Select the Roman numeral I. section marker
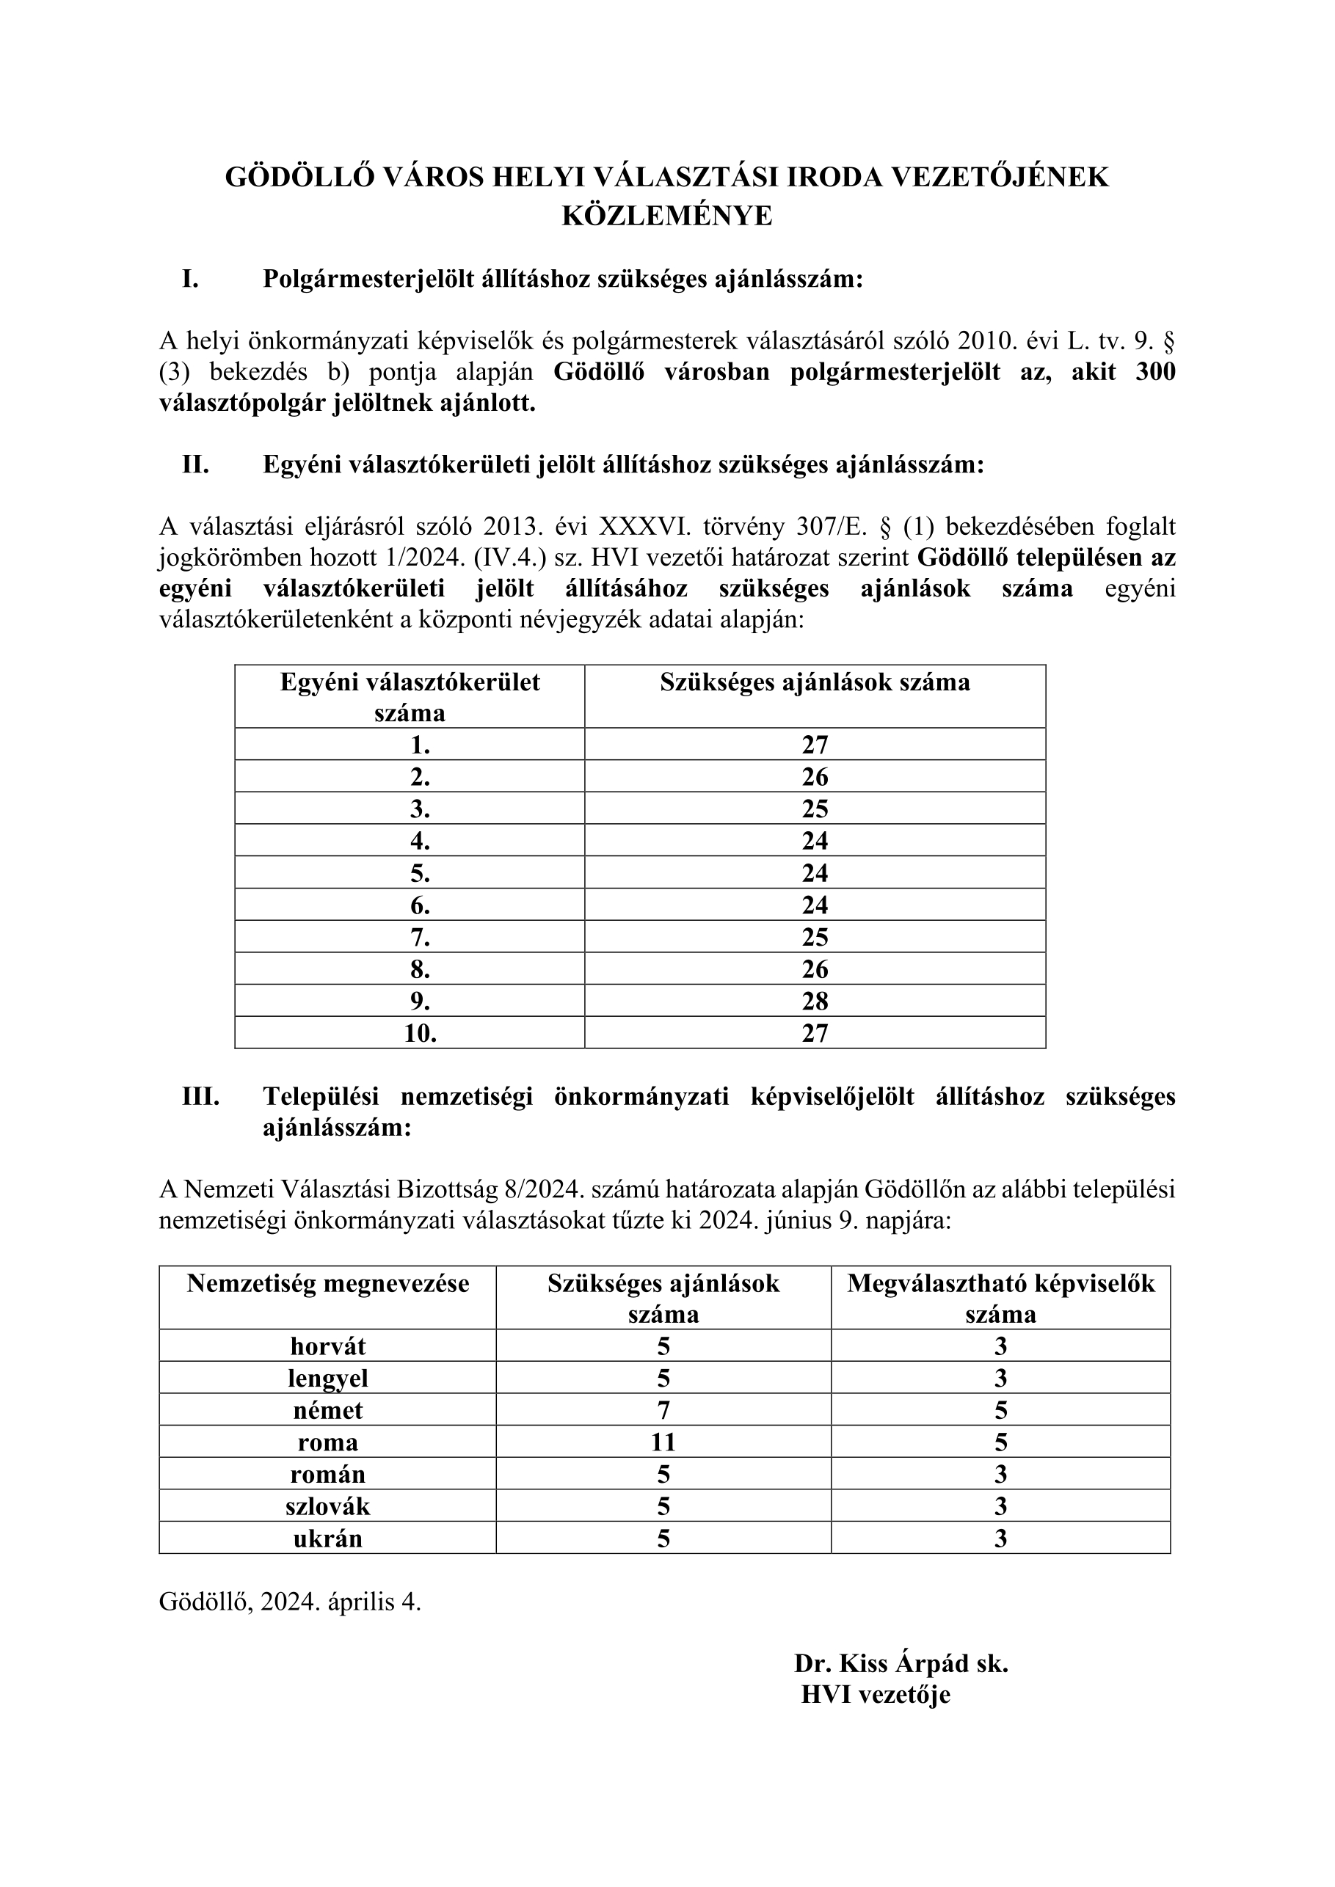pyautogui.click(x=190, y=280)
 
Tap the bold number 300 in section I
pyautogui.click(x=1155, y=372)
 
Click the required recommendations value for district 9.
pyautogui.click(x=815, y=1001)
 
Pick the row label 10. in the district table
pyautogui.click(x=420, y=1033)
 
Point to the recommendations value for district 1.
pyautogui.click(x=815, y=745)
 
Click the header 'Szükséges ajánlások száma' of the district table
pyautogui.click(x=815, y=682)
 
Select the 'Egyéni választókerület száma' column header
pyautogui.click(x=410, y=696)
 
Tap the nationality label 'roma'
pyautogui.click(x=327, y=1442)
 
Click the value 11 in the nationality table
pyautogui.click(x=663, y=1442)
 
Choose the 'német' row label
pyautogui.click(x=327, y=1410)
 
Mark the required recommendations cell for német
pyautogui.click(x=663, y=1410)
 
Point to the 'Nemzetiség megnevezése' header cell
pyautogui.click(x=327, y=1284)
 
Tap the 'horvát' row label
pyautogui.click(x=327, y=1346)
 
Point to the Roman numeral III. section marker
pyautogui.click(x=200, y=1096)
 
